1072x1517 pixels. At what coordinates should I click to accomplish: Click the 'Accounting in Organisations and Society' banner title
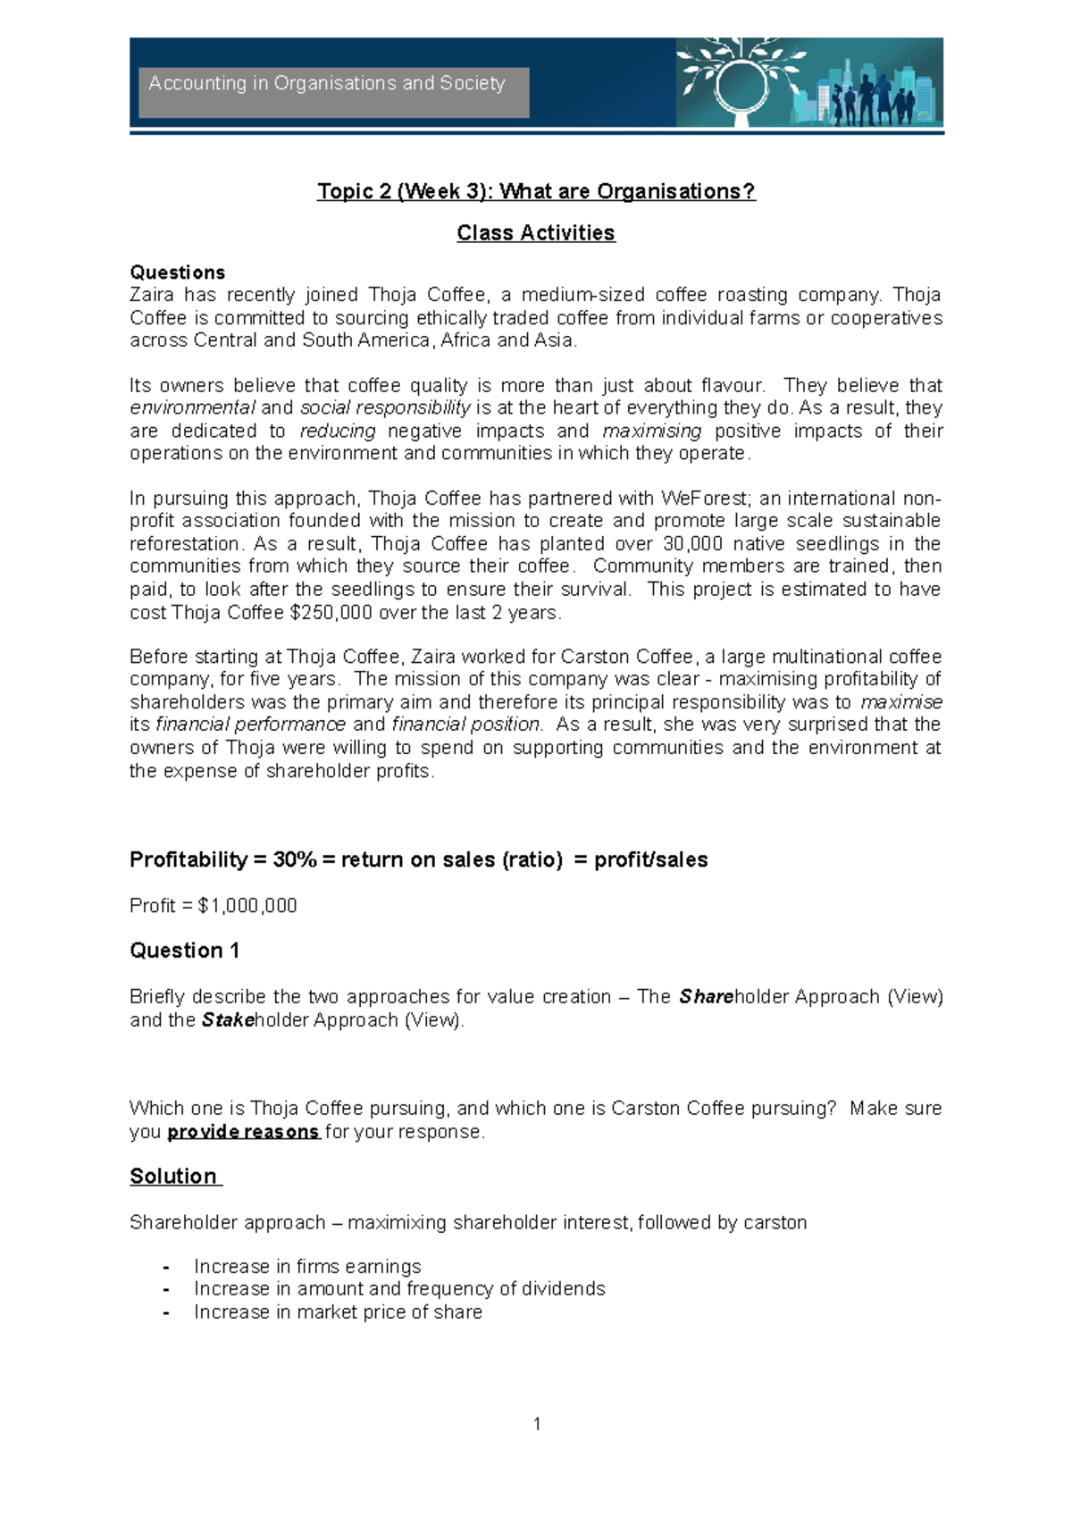point(327,84)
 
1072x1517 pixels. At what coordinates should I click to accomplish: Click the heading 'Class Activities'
point(536,233)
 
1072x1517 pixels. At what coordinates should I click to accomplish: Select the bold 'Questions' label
point(177,272)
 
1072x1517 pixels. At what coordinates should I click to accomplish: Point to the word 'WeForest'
point(706,499)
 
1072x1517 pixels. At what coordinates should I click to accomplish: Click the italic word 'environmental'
point(192,408)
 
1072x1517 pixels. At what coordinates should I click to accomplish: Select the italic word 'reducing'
point(337,431)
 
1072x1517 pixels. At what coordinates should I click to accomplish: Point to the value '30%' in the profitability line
point(295,859)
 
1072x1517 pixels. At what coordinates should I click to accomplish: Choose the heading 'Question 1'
point(184,951)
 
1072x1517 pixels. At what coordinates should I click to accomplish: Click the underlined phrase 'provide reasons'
point(243,1132)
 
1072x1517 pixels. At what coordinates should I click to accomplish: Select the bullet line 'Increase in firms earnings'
point(307,1267)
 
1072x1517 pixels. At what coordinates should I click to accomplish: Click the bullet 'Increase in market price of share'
point(338,1312)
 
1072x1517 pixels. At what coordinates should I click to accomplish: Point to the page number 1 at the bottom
point(537,1424)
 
